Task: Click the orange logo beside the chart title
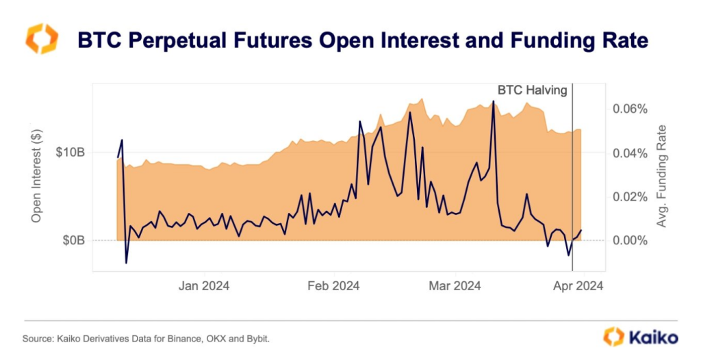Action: click(42, 39)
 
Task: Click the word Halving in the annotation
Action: click(546, 90)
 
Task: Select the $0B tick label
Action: click(73, 240)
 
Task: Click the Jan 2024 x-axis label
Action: click(203, 286)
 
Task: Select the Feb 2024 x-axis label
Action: click(333, 286)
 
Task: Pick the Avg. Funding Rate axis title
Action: click(662, 176)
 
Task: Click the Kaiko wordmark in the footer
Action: click(651, 337)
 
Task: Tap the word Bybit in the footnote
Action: click(265, 339)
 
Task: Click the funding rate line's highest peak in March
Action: click(493, 101)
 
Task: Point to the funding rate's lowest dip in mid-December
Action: click(127, 263)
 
